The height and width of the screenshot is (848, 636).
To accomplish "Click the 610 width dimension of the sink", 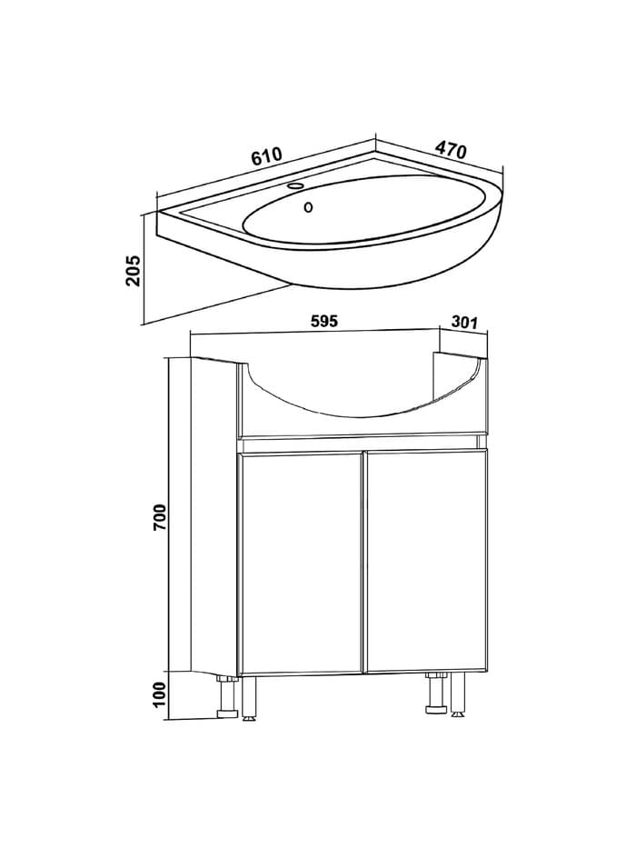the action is [266, 155].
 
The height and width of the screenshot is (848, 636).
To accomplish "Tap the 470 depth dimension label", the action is [451, 150].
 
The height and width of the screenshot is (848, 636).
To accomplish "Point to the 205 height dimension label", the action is [133, 271].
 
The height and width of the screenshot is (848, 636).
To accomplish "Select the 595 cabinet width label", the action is [324, 321].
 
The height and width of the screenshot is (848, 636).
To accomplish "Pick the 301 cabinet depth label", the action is [464, 323].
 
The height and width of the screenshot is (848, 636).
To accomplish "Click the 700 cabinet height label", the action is [162, 516].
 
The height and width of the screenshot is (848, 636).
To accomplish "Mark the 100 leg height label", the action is [159, 695].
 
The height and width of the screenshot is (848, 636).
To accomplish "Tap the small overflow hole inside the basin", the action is [308, 206].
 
